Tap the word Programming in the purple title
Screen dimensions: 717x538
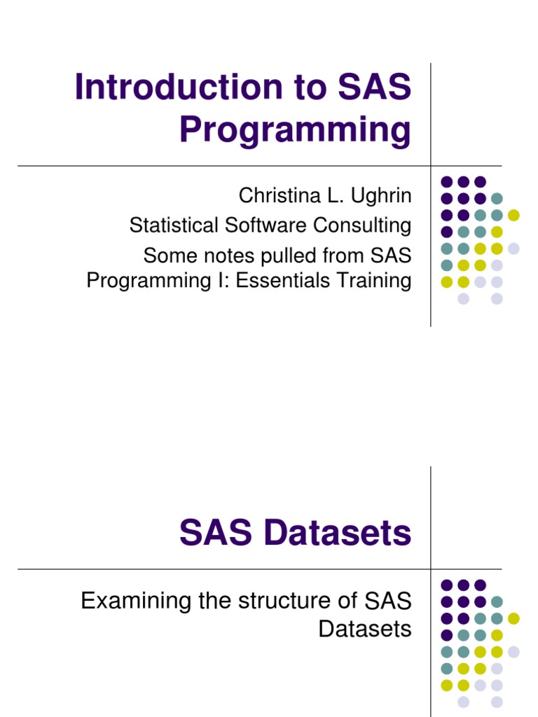(295, 131)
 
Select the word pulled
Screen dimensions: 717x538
(287, 253)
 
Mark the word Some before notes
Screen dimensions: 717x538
(168, 253)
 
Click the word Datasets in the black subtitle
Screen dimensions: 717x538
(365, 628)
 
